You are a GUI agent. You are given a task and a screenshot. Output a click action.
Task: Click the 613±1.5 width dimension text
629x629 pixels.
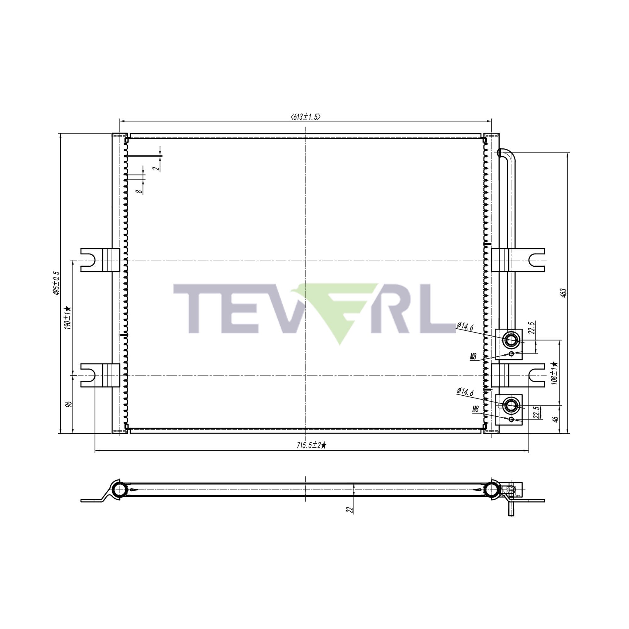tap(305, 117)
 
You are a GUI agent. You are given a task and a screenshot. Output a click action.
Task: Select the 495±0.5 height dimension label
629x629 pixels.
tap(57, 283)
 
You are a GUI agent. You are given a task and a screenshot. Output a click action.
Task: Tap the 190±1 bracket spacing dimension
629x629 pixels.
tap(68, 318)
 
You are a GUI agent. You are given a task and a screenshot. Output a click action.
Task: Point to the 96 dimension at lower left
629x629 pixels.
tap(68, 404)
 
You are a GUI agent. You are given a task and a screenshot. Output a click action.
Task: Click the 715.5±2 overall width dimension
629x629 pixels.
tap(311, 445)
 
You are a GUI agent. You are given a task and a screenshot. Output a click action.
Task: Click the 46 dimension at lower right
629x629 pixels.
tap(556, 419)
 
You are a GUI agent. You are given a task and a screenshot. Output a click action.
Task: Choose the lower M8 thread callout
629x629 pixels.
tap(476, 409)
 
